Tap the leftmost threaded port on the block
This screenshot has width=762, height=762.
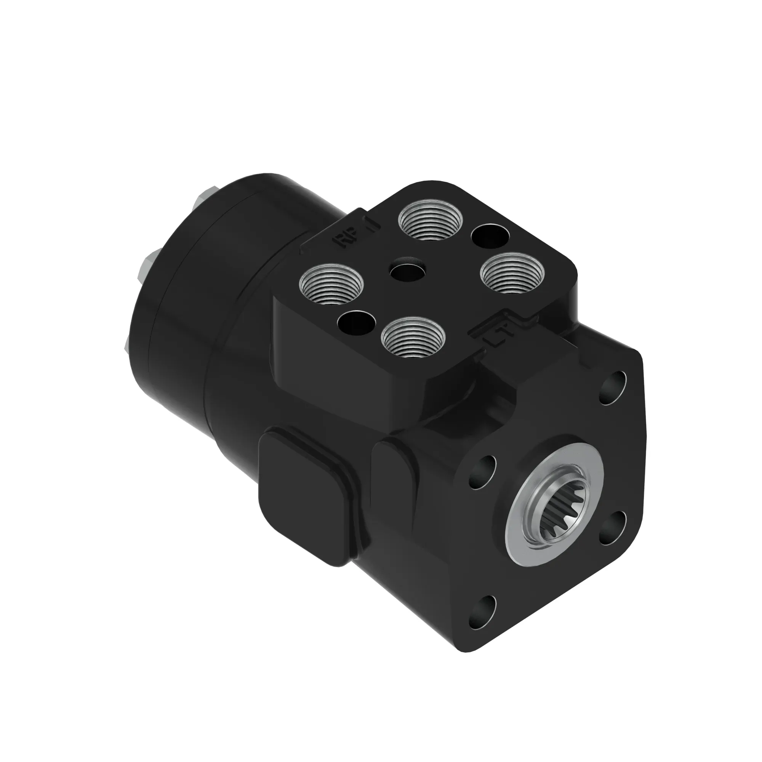[x=331, y=284]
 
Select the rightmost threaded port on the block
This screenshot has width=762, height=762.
[x=512, y=272]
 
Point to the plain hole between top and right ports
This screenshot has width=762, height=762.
[x=490, y=237]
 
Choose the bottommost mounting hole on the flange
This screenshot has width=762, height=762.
[x=482, y=616]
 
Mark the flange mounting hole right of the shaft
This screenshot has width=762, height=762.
[x=612, y=527]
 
